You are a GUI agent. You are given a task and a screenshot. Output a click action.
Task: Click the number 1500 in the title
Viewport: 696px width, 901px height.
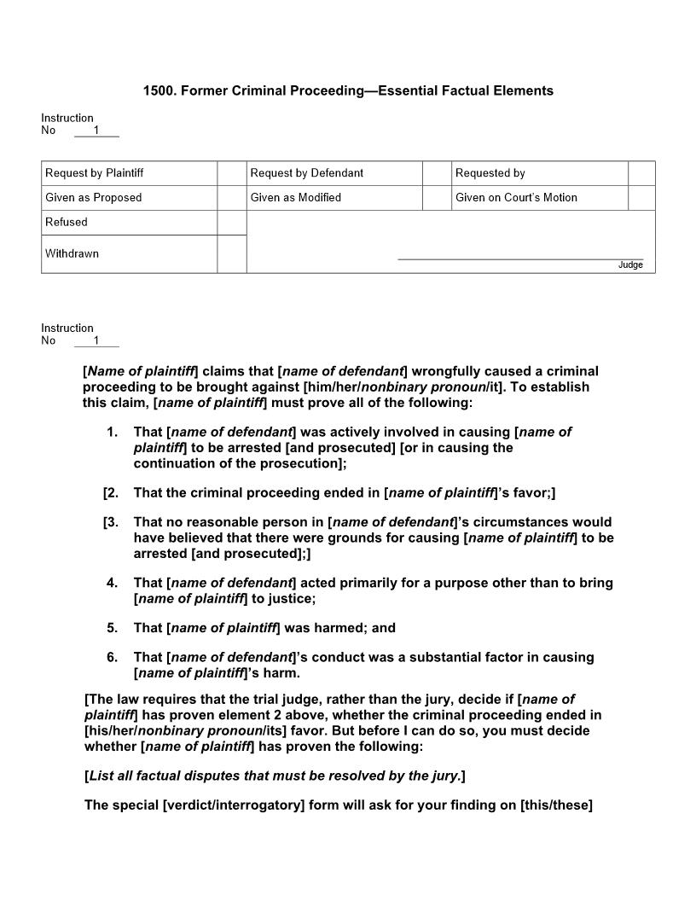(x=158, y=90)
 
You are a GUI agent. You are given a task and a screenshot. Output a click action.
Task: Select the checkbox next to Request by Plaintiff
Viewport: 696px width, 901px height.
(x=231, y=173)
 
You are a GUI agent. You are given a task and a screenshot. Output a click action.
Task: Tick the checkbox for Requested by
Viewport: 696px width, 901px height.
(x=641, y=173)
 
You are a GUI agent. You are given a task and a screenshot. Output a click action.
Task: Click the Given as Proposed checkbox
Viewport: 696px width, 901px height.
(x=231, y=198)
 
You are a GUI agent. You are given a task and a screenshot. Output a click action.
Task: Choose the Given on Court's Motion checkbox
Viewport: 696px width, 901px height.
(x=641, y=198)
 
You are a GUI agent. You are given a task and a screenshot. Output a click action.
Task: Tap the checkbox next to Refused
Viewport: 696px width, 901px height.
(x=231, y=223)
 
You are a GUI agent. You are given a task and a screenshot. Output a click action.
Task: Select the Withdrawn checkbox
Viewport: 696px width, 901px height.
(x=231, y=254)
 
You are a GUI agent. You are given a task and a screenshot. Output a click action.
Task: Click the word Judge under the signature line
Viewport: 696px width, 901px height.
(x=630, y=265)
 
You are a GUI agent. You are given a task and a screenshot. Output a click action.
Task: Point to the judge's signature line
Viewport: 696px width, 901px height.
(x=520, y=259)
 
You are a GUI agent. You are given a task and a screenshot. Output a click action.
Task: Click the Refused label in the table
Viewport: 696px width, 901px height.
(x=67, y=223)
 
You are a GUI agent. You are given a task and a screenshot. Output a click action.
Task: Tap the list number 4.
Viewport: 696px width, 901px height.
(x=112, y=584)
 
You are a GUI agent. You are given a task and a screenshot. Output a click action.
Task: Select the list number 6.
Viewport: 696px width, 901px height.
(x=112, y=658)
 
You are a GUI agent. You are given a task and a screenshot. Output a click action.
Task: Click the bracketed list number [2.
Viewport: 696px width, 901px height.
(x=110, y=493)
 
